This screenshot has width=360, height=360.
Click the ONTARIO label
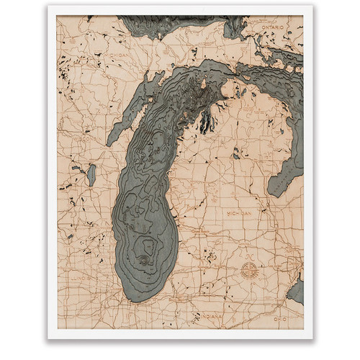pos(279,27)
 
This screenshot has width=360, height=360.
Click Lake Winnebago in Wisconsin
pos(91,174)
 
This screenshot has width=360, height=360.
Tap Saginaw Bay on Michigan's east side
pos(277,180)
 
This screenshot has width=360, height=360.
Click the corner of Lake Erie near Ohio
pos(296,291)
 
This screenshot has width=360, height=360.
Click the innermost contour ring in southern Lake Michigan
pos(145,253)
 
